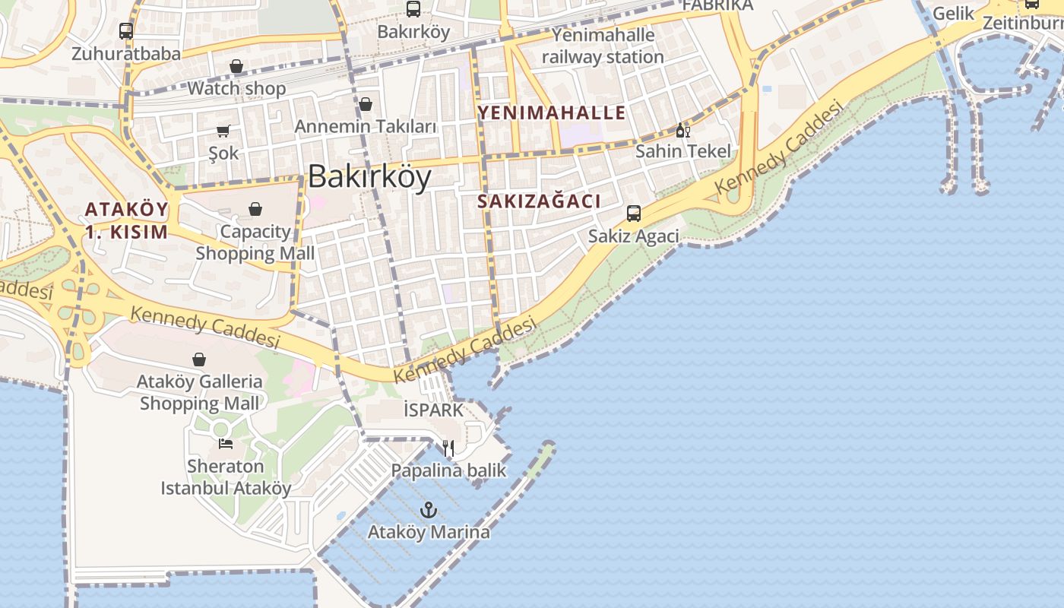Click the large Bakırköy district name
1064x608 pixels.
(x=369, y=176)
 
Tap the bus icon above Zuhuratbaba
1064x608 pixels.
(x=126, y=31)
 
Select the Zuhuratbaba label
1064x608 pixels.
(x=126, y=53)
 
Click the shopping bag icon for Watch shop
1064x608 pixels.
(x=236, y=67)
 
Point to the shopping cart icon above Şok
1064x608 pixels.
(x=223, y=131)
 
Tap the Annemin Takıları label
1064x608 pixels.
(x=366, y=126)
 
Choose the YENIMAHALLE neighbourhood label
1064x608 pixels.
(x=552, y=113)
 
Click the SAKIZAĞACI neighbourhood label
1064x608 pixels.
(x=540, y=201)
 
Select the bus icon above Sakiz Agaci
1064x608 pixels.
(x=634, y=214)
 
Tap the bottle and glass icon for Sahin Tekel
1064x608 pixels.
(x=682, y=130)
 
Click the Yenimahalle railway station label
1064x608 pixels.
(x=603, y=46)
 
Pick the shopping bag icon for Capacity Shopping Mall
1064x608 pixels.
(x=255, y=209)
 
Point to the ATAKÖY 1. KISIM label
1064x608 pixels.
(x=126, y=220)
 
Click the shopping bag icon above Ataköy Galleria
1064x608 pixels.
(x=199, y=359)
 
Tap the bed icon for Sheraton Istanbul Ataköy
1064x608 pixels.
(x=225, y=443)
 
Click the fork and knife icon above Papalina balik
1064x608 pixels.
(x=448, y=448)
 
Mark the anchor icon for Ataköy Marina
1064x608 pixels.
(x=429, y=509)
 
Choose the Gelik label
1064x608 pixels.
(x=953, y=13)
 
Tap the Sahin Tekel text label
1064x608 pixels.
(x=682, y=150)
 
